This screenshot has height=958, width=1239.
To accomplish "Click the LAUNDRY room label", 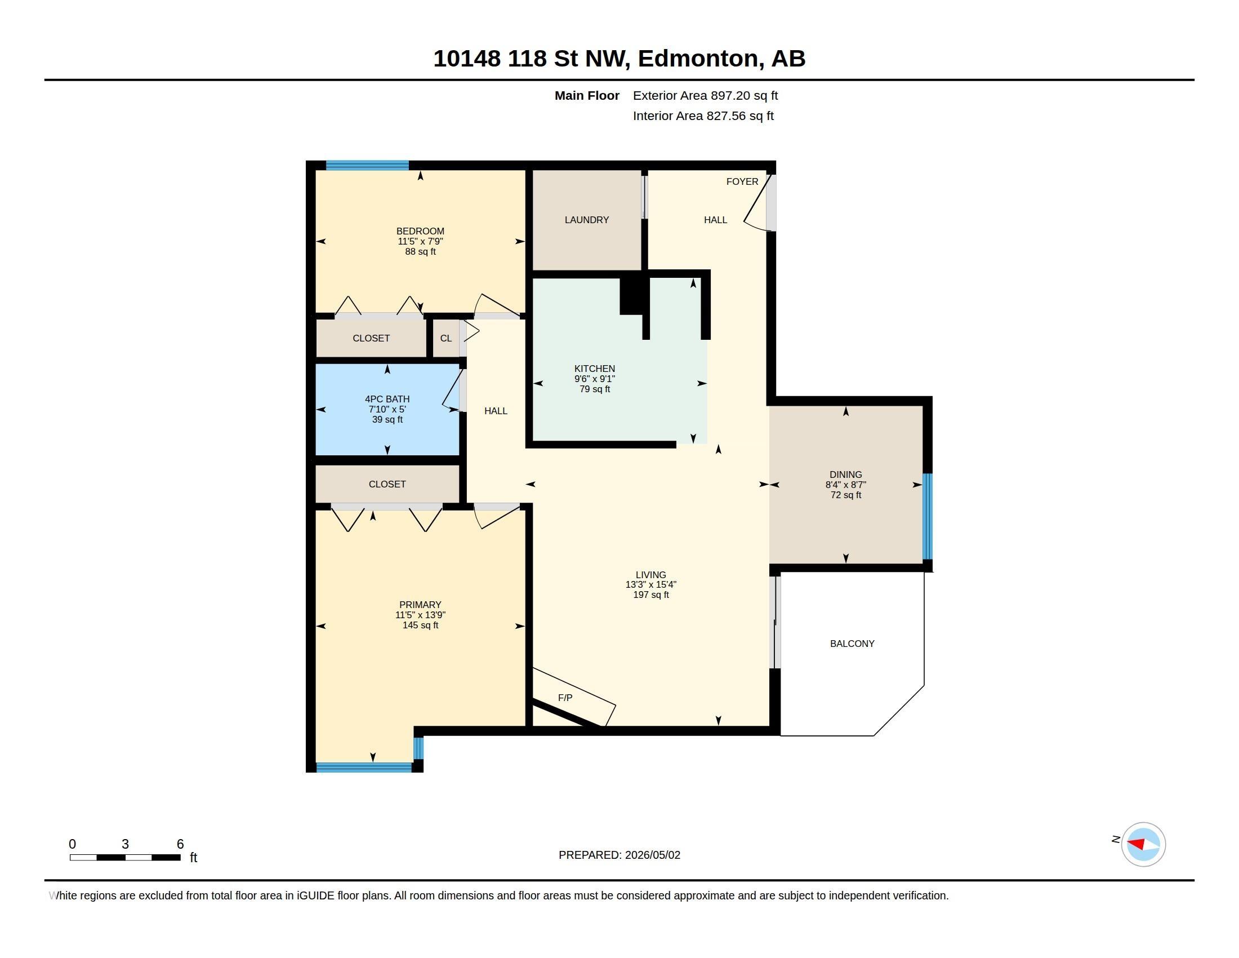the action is (587, 220).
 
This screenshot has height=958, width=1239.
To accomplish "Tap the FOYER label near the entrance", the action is (742, 181).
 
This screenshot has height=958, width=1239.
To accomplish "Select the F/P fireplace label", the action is (565, 698).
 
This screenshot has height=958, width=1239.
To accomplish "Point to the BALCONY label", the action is (852, 644).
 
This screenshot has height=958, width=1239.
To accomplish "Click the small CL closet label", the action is (446, 338).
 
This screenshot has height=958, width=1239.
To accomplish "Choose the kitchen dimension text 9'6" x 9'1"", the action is (595, 379).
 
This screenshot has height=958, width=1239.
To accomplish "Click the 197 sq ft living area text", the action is (650, 595).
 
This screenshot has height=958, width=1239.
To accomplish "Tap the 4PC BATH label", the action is (387, 399).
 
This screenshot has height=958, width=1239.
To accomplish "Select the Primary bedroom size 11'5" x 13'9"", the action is (420, 615).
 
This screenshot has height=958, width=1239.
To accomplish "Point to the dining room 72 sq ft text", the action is (846, 495).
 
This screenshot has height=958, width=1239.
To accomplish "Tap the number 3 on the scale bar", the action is (126, 844).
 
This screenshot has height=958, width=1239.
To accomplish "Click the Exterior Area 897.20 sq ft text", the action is (705, 95).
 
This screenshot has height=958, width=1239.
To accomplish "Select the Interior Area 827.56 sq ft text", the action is (703, 116).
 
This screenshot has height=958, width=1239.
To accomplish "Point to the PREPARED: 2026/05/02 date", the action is (619, 855).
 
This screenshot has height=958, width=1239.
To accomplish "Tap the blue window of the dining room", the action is (928, 516).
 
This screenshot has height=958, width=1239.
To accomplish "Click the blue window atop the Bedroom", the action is (368, 166).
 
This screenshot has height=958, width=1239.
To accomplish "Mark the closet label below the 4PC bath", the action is (387, 484).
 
